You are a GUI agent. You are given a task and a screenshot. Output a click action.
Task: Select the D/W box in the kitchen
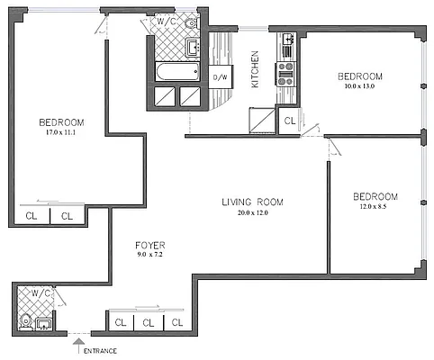[x=218, y=77]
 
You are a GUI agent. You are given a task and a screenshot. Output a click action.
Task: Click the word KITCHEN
[x=255, y=67]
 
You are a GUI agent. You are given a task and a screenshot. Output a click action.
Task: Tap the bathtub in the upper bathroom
[x=178, y=71]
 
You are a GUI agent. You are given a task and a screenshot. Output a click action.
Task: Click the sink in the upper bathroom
[x=193, y=47]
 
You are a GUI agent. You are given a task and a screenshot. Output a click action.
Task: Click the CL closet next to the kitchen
[x=289, y=121]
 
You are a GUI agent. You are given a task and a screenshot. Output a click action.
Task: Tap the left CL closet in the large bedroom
[x=32, y=216]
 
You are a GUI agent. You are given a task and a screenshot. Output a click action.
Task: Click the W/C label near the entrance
[x=40, y=293]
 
